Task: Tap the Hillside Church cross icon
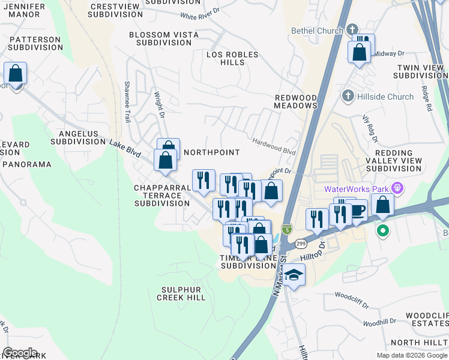tap(347, 96)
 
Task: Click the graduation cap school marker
tap(294, 275)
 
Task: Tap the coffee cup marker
tap(358, 211)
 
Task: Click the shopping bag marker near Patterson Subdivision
tap(16, 74)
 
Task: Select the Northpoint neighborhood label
tap(211, 152)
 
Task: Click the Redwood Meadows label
tap(295, 101)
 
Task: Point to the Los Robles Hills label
tap(232, 58)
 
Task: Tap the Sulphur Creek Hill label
tap(181, 293)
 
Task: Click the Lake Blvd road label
tap(125, 149)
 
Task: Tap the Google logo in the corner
tap(20, 353)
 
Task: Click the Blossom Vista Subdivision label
tap(164, 39)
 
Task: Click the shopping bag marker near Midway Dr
tap(360, 52)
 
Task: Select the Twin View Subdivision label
tap(420, 73)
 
